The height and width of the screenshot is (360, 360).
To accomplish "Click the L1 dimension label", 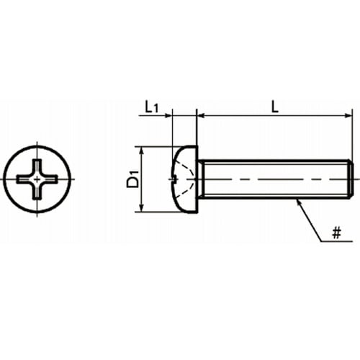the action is click(x=151, y=107).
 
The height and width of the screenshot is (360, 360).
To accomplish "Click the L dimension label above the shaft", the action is click(x=274, y=107).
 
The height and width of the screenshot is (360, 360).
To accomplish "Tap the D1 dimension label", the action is click(x=132, y=179).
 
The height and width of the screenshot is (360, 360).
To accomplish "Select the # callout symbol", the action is click(x=336, y=233).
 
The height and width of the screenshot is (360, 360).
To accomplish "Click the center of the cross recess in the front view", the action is click(x=37, y=179).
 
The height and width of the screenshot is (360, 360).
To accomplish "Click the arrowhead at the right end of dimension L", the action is click(x=348, y=116).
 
